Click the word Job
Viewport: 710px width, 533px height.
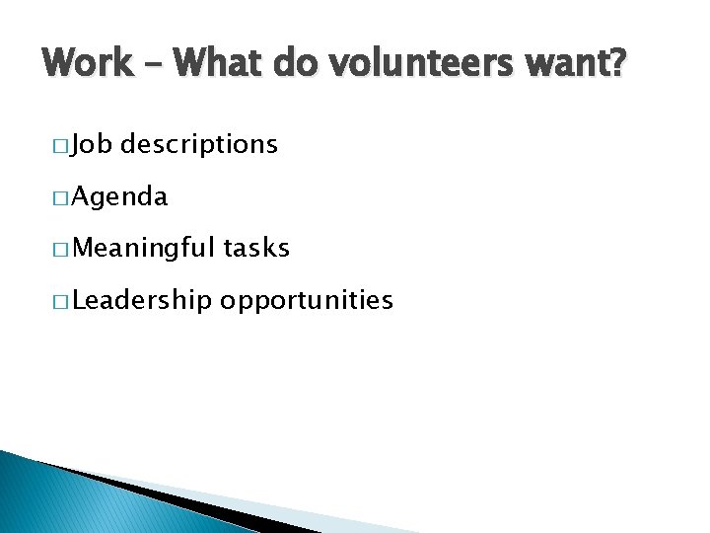(x=92, y=145)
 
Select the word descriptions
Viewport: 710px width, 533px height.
(x=200, y=146)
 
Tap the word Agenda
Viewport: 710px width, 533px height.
(x=119, y=197)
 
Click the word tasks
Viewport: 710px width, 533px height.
(x=256, y=248)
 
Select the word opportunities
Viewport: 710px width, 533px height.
(x=307, y=301)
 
